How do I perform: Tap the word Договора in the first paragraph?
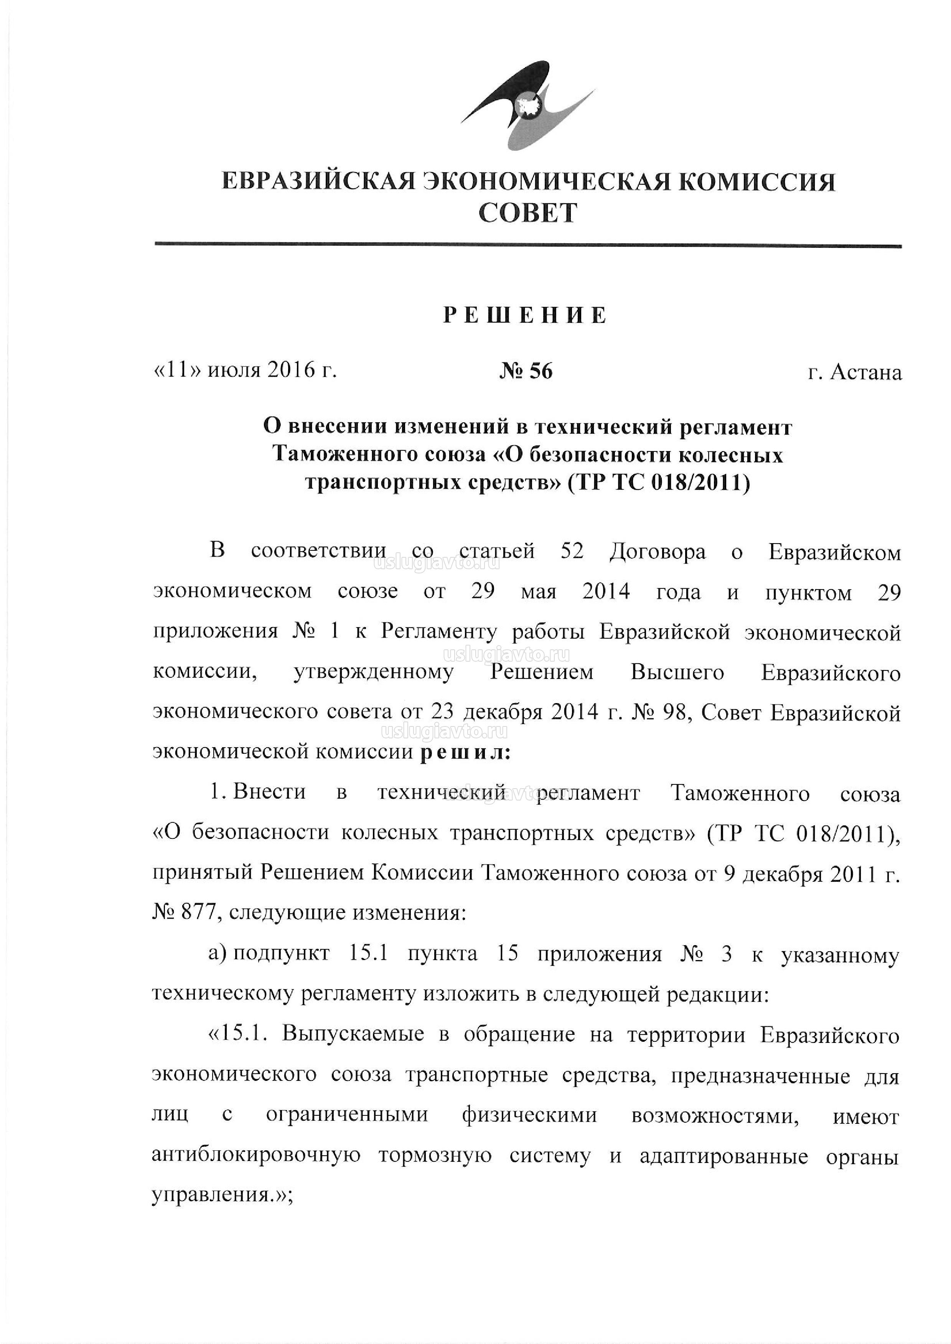pos(657,552)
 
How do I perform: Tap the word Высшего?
pos(677,673)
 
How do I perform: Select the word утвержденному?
pos(373,673)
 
